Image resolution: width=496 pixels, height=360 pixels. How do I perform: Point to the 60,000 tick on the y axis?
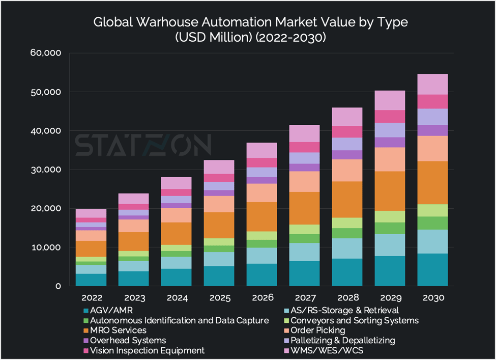(46, 53)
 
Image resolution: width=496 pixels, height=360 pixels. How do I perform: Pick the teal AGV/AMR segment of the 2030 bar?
(432, 270)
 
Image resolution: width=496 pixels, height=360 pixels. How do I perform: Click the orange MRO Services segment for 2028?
(347, 200)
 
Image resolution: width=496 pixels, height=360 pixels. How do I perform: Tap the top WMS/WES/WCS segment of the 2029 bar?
(390, 100)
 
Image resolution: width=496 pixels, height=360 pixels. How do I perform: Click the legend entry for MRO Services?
(118, 330)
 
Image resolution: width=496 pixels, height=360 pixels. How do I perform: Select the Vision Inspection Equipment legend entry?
(147, 350)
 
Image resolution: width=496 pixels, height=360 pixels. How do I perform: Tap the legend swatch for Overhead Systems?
(85, 341)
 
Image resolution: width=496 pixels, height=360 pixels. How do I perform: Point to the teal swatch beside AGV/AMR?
(85, 311)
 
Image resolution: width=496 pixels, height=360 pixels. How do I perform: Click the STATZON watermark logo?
(143, 146)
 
